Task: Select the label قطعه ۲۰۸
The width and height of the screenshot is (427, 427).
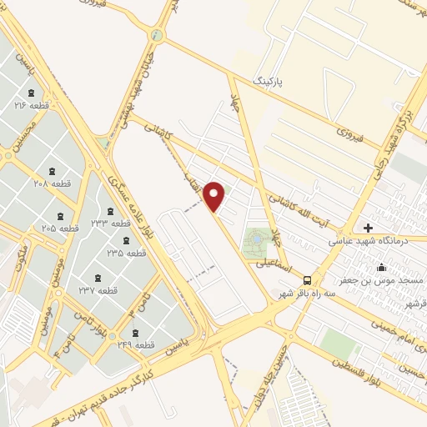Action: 51,183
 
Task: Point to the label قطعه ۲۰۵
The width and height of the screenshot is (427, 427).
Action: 60,228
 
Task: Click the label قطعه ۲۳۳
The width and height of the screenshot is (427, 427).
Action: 110,224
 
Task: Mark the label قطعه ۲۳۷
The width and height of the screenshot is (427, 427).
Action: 98,290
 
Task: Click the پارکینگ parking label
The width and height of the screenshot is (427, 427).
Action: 269,81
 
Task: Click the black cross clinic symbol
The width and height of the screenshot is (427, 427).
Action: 368,227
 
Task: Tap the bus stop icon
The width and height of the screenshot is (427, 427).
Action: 308,279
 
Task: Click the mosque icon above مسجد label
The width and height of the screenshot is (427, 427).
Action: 382,268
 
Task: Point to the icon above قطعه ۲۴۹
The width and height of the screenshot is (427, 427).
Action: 136,332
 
